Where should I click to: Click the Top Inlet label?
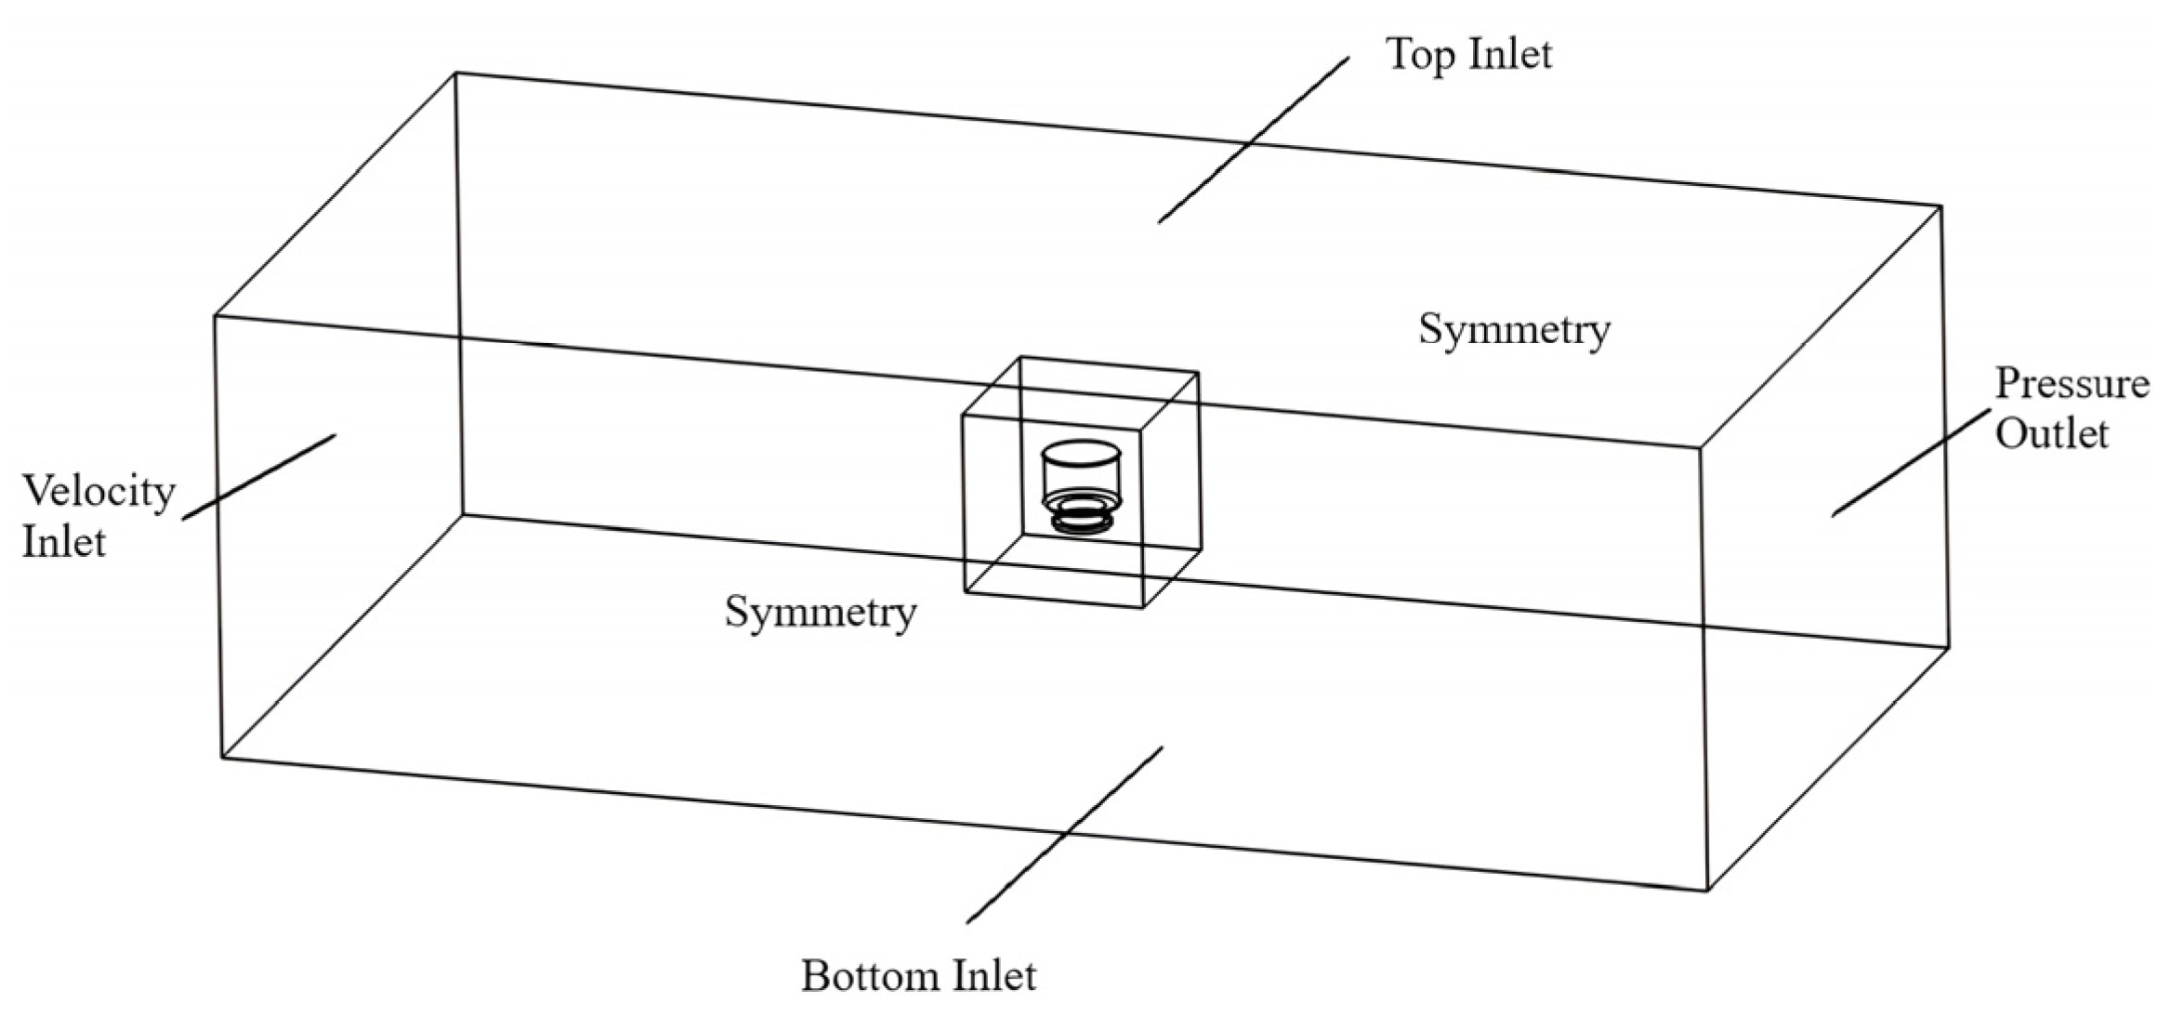pyautogui.click(x=1468, y=54)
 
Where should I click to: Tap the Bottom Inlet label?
pyautogui.click(x=918, y=976)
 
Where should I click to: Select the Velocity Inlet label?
pyautogui.click(x=98, y=516)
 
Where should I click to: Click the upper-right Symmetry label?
pyautogui.click(x=1514, y=330)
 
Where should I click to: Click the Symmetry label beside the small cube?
pyautogui.click(x=821, y=612)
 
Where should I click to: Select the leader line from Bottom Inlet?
pyautogui.click(x=1064, y=835)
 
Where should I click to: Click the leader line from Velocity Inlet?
pyautogui.click(x=258, y=476)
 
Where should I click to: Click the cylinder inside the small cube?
pyautogui.click(x=1080, y=474)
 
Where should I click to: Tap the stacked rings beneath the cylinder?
pyautogui.click(x=1081, y=514)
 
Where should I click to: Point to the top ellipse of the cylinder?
pyautogui.click(x=1080, y=454)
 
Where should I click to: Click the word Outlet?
pyautogui.click(x=2052, y=434)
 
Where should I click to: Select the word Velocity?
pyautogui.click(x=98, y=491)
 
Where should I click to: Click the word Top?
pyautogui.click(x=1419, y=54)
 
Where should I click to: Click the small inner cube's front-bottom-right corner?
pyautogui.click(x=1142, y=607)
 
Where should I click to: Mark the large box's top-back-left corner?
pyautogui.click(x=456, y=73)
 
